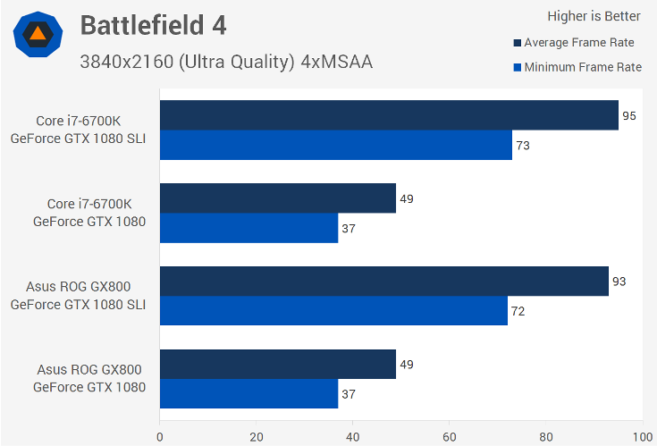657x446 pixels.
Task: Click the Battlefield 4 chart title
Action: tap(153, 25)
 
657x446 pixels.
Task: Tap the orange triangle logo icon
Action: tap(38, 35)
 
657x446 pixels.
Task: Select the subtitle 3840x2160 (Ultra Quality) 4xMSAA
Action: tap(225, 62)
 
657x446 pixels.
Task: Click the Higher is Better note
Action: tap(594, 16)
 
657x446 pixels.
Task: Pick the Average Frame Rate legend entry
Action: tap(578, 42)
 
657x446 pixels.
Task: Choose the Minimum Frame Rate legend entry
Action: tap(577, 67)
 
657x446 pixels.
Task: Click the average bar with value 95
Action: tap(389, 115)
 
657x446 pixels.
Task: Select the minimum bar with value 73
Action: tap(335, 145)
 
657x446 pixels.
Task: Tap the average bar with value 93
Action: tap(383, 282)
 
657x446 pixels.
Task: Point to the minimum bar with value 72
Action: tap(333, 311)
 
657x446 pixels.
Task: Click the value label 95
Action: tap(629, 116)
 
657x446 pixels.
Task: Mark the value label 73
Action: tap(523, 145)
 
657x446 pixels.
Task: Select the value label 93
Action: tap(619, 282)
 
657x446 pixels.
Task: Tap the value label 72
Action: tap(518, 311)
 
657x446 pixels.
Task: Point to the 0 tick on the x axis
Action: tap(160, 437)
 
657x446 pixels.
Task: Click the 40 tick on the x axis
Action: tap(353, 437)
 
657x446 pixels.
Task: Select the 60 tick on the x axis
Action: tap(450, 437)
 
